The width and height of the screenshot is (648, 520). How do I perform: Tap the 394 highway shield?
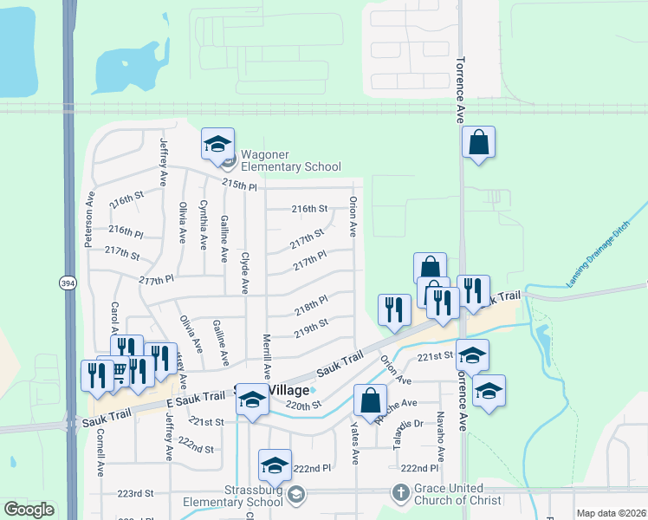tap(68, 283)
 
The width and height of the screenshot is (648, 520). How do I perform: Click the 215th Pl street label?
tap(240, 185)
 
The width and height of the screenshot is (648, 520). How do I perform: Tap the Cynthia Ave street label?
tap(204, 224)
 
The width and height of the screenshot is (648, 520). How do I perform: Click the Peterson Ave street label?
tap(88, 221)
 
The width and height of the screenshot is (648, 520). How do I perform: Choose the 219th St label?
tap(310, 327)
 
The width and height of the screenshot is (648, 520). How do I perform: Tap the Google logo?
tap(29, 510)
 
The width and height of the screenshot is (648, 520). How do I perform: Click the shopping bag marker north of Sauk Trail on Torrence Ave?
tap(478, 143)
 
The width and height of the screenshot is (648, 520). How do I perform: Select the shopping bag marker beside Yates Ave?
tap(370, 401)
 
